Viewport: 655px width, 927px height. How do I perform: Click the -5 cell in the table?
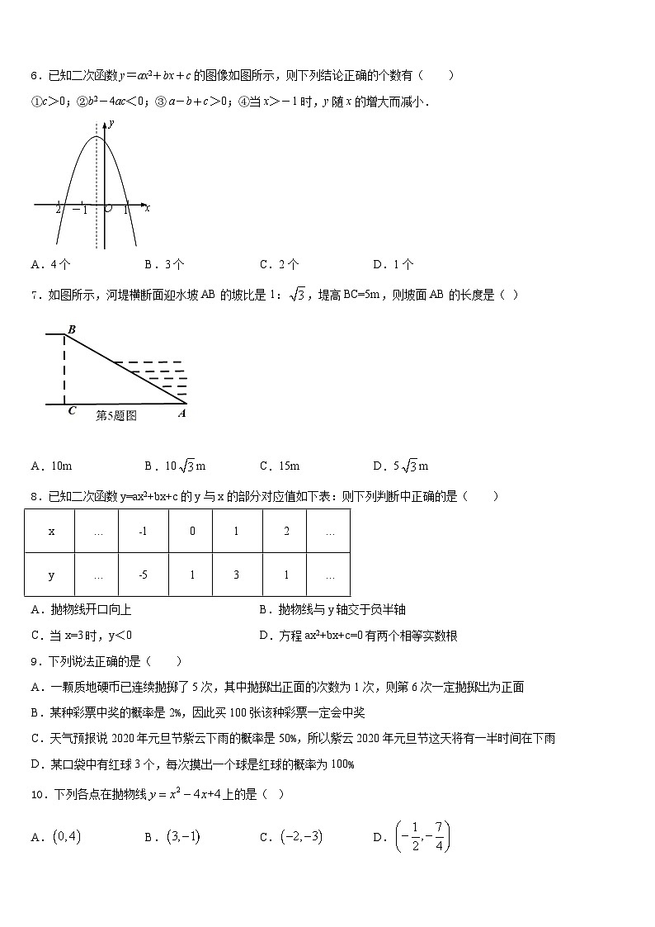pos(144,575)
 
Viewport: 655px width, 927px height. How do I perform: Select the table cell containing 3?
pos(236,575)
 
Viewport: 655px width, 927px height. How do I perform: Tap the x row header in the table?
pos(51,531)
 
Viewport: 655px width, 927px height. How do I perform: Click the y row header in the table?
pos(51,575)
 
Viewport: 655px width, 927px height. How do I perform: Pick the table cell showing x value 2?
pos(286,531)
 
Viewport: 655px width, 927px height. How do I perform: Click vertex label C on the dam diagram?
pos(72,411)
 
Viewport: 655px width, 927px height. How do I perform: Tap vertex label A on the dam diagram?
pos(181,414)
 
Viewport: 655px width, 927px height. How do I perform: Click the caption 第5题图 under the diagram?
pos(116,416)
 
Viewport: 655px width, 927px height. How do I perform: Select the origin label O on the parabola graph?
pos(108,210)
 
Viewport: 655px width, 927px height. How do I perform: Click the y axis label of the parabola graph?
pos(111,123)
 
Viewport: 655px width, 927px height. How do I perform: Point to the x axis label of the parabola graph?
pos(147,209)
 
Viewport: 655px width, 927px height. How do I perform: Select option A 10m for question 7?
pos(51,466)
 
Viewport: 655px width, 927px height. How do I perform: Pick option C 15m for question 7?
pos(280,466)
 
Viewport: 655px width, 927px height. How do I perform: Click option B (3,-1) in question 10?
pos(173,837)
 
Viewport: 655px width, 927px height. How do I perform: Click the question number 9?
pos(35,662)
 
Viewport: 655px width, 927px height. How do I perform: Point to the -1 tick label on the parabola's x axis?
pos(80,210)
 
